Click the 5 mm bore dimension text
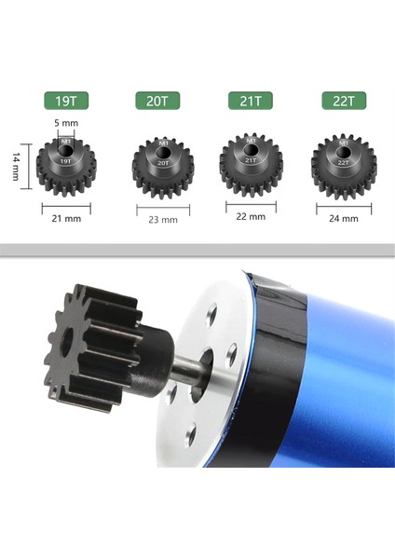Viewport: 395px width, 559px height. click(65, 122)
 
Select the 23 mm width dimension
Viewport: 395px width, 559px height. click(162, 220)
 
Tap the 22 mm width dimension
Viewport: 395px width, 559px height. click(251, 216)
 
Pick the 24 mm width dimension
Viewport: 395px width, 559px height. click(344, 219)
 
